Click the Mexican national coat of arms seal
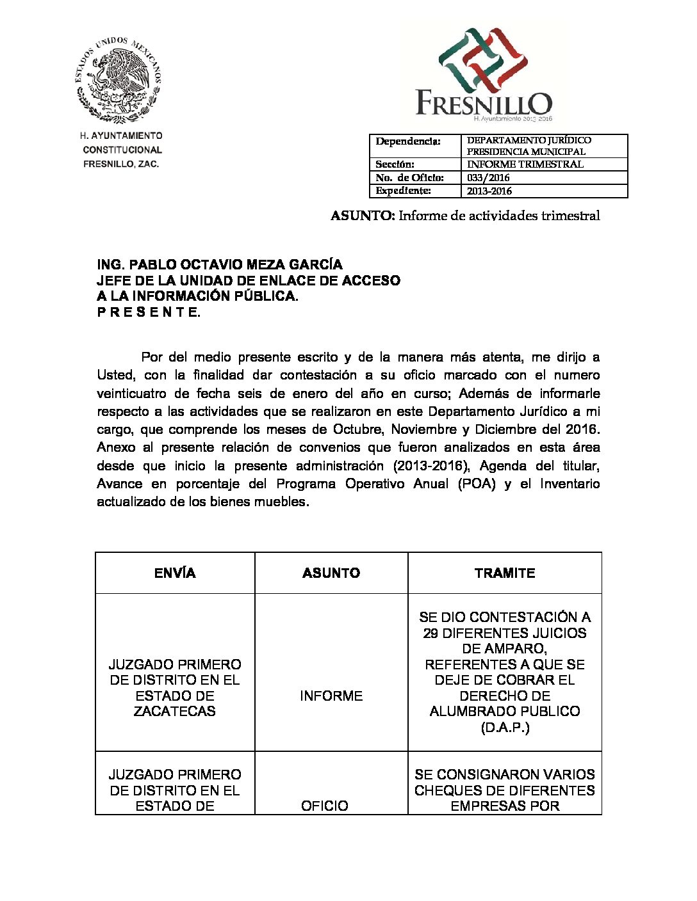click(x=119, y=79)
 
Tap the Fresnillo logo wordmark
click(x=484, y=102)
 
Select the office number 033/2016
click(x=488, y=177)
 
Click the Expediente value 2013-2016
click(x=489, y=191)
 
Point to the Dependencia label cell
click(x=407, y=141)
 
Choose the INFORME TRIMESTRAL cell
click(x=525, y=164)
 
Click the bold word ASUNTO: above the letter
click(x=363, y=216)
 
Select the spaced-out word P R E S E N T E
click(x=149, y=312)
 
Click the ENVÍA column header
click(x=175, y=573)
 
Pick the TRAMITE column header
click(x=504, y=573)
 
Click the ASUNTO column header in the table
click(x=331, y=573)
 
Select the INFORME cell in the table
click(x=331, y=696)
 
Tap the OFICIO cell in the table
click(x=325, y=806)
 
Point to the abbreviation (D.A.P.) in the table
click(x=505, y=728)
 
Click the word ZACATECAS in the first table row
click(x=175, y=711)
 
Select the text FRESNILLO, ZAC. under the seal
click(x=121, y=164)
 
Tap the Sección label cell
click(x=395, y=164)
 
